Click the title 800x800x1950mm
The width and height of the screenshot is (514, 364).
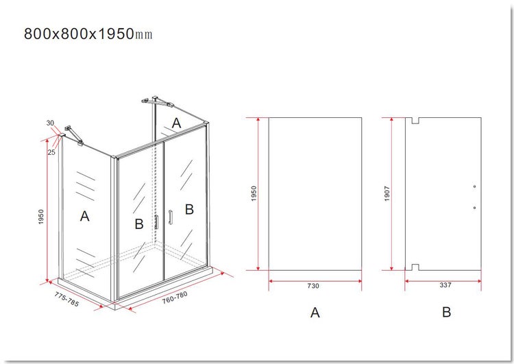[88, 34]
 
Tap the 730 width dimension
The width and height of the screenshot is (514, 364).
[313, 286]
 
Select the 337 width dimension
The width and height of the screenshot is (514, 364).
[445, 285]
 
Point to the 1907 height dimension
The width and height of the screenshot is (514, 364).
[387, 193]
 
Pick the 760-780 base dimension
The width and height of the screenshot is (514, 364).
[175, 298]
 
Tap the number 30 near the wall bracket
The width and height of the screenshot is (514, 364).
[50, 123]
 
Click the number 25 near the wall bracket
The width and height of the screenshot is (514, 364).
[51, 152]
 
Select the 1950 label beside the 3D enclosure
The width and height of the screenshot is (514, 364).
[41, 217]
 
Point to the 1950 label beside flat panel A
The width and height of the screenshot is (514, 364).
[254, 193]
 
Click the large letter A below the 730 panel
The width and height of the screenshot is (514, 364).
[315, 313]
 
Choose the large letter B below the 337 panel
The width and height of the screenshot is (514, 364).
[446, 312]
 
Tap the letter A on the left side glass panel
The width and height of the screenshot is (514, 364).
[84, 217]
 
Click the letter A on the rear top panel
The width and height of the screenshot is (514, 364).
[176, 123]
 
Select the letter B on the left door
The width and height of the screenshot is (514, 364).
[139, 224]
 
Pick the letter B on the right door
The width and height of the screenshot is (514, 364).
[189, 210]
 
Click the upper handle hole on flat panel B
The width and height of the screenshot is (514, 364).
[474, 186]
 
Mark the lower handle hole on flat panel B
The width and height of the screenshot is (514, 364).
[474, 208]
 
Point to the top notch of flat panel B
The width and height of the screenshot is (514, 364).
[415, 121]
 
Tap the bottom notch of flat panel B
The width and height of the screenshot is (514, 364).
[415, 267]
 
